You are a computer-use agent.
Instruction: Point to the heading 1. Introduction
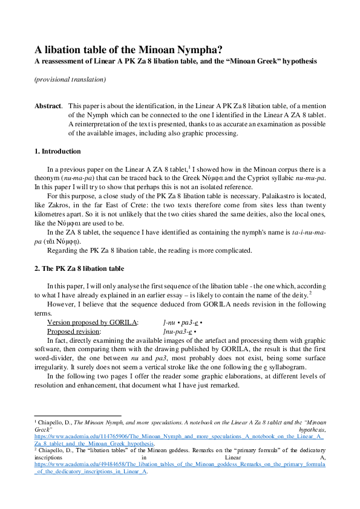57,151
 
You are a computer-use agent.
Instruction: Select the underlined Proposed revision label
73,332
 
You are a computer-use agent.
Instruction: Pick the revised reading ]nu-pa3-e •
180,332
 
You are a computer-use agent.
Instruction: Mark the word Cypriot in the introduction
267,178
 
